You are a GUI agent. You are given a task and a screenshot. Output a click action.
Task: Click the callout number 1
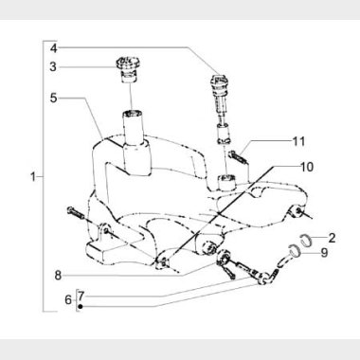[x=33, y=176]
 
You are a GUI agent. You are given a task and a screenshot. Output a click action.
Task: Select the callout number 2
[x=332, y=238]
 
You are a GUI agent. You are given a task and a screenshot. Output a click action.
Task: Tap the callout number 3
[x=53, y=66]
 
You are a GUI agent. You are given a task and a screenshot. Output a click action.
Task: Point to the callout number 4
[x=54, y=48]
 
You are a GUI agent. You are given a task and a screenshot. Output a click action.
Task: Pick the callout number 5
[x=53, y=98]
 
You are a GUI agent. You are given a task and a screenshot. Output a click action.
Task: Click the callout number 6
[x=68, y=299]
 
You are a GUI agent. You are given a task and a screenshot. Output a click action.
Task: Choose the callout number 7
[x=81, y=296]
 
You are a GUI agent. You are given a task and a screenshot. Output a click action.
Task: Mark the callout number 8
[x=58, y=275]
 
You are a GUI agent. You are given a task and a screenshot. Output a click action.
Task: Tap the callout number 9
[x=324, y=253]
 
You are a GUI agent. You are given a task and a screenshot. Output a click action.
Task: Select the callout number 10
[x=306, y=167]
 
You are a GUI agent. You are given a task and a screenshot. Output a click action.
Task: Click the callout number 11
[x=298, y=141]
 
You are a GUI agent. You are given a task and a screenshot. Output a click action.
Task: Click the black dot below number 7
[x=81, y=306]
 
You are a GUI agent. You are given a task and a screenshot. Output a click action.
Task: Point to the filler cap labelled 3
[x=128, y=69]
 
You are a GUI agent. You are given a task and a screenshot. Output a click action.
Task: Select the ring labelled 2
[x=305, y=240]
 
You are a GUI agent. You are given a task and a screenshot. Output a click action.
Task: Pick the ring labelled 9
[x=294, y=250]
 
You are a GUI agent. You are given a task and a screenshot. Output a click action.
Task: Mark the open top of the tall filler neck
[x=133, y=113]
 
